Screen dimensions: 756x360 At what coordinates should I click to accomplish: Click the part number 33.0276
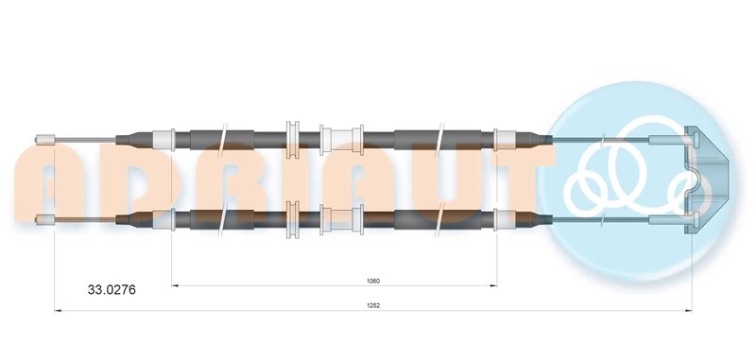(x=112, y=290)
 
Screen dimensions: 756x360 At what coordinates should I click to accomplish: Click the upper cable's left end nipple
(x=45, y=140)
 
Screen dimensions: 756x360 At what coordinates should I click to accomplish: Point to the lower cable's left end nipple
(x=45, y=219)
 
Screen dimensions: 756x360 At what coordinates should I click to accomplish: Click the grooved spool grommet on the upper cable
(x=293, y=140)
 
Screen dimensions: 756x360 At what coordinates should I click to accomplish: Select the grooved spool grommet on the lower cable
(x=293, y=219)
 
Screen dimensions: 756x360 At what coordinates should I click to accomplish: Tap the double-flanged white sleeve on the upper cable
(x=341, y=140)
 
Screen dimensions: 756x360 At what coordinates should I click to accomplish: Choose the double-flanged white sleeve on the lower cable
(x=341, y=220)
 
